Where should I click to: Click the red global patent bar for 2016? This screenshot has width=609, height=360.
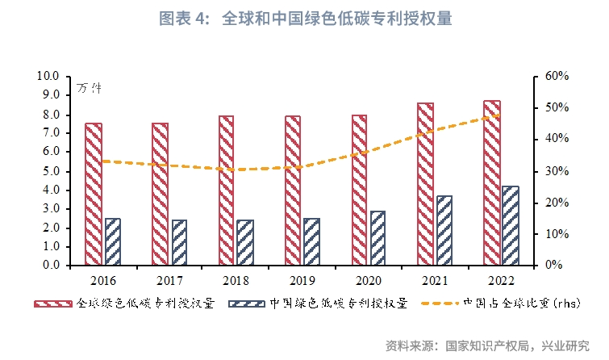point(94,194)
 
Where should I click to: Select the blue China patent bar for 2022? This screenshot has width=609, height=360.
point(511,225)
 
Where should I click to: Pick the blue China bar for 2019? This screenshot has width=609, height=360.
point(312,241)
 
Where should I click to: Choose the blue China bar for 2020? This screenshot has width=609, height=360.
point(378,237)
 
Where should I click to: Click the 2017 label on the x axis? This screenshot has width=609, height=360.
point(169,279)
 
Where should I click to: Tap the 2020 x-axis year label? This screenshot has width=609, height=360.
point(369,279)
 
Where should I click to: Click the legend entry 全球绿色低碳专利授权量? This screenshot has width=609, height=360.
point(146,303)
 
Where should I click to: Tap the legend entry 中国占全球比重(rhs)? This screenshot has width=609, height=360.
point(517,303)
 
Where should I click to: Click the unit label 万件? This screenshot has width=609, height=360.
point(89,87)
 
